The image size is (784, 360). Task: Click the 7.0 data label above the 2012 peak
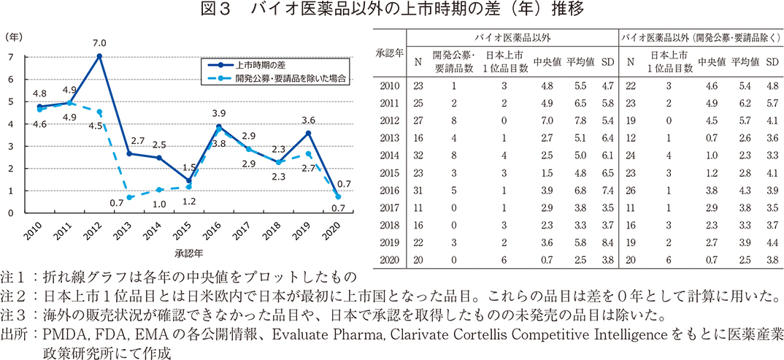(99, 42)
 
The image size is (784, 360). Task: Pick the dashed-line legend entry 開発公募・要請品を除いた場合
(289, 77)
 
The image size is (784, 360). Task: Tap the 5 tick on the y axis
(10, 102)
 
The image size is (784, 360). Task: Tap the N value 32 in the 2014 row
(418, 156)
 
